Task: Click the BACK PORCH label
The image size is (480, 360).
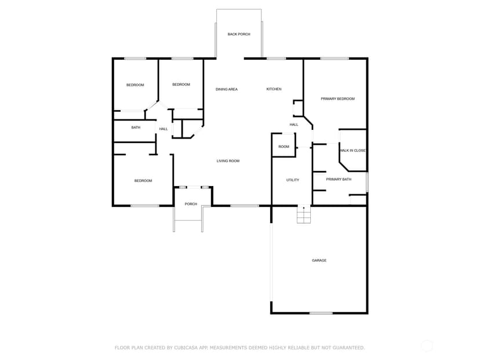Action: point(239,34)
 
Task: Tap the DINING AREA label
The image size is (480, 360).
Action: point(227,89)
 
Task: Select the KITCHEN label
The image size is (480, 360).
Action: point(274,89)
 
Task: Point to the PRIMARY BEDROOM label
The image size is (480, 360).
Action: point(337,99)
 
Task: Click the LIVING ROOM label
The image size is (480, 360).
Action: point(228,161)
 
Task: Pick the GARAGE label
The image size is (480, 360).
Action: point(319,260)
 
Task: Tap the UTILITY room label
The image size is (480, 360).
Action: point(293,180)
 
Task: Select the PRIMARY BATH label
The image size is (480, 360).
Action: point(339,179)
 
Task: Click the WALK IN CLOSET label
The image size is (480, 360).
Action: point(353,151)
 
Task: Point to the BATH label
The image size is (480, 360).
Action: point(136,128)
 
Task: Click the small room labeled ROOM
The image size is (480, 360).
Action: point(284,147)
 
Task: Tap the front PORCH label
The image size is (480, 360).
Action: point(191,204)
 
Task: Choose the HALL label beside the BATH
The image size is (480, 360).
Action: point(163,129)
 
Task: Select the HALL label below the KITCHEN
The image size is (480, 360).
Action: point(294,125)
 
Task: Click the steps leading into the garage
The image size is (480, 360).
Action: point(304,214)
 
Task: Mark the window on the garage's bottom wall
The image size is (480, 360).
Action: point(321,313)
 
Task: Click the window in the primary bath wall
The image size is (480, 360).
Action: point(368,182)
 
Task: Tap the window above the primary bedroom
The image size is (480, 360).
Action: point(334,59)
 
